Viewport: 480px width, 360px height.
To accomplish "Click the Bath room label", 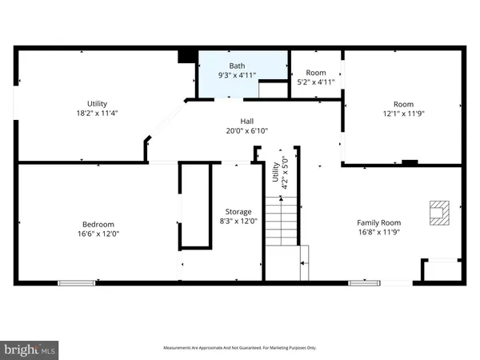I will [x=237, y=66].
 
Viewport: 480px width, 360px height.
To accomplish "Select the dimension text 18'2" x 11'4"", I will [x=97, y=114].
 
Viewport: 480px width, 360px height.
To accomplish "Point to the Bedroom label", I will [x=98, y=224].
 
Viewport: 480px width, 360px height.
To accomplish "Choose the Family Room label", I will [x=378, y=223].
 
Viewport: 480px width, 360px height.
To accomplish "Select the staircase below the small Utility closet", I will [x=282, y=224].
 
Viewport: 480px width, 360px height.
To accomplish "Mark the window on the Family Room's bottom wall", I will [x=364, y=282].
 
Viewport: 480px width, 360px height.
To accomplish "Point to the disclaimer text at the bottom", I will [x=240, y=348].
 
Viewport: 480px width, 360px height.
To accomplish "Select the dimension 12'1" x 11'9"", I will [x=403, y=114].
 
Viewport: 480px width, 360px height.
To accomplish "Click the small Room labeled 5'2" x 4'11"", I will [x=316, y=77].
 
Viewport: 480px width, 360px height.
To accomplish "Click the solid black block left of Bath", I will [x=187, y=56].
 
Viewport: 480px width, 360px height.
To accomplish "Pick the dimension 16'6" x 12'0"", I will [x=98, y=234].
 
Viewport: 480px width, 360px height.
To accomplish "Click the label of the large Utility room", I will [x=97, y=104].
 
